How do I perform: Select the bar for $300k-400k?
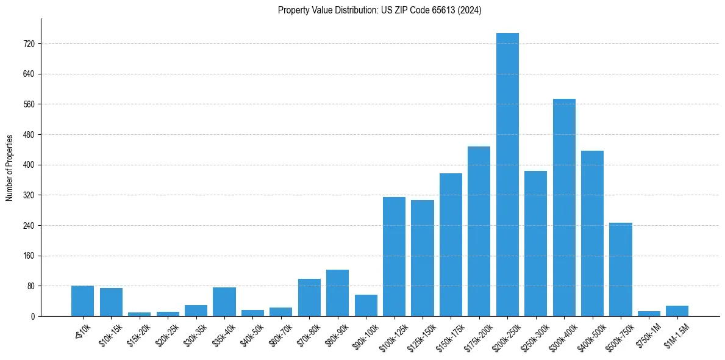click(x=564, y=207)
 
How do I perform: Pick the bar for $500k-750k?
click(x=620, y=269)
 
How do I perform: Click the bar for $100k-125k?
click(x=394, y=256)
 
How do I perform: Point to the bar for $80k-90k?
click(x=337, y=293)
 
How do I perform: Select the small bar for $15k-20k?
click(x=139, y=314)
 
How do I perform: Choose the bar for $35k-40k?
click(x=224, y=301)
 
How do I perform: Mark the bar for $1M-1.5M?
click(x=677, y=311)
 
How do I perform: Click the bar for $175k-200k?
click(x=479, y=231)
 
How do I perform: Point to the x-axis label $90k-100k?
click(x=365, y=336)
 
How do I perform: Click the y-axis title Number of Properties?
click(x=9, y=167)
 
